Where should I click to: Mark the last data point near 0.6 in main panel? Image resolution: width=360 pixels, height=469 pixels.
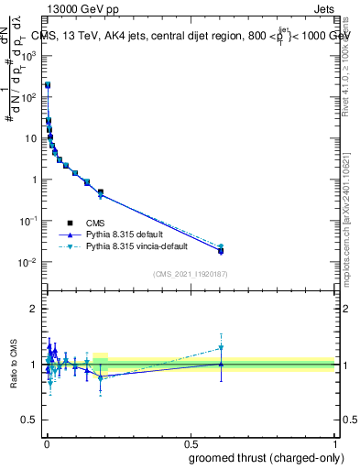[x=221, y=250]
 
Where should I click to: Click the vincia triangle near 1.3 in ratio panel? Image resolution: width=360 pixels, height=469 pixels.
[x=221, y=347]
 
